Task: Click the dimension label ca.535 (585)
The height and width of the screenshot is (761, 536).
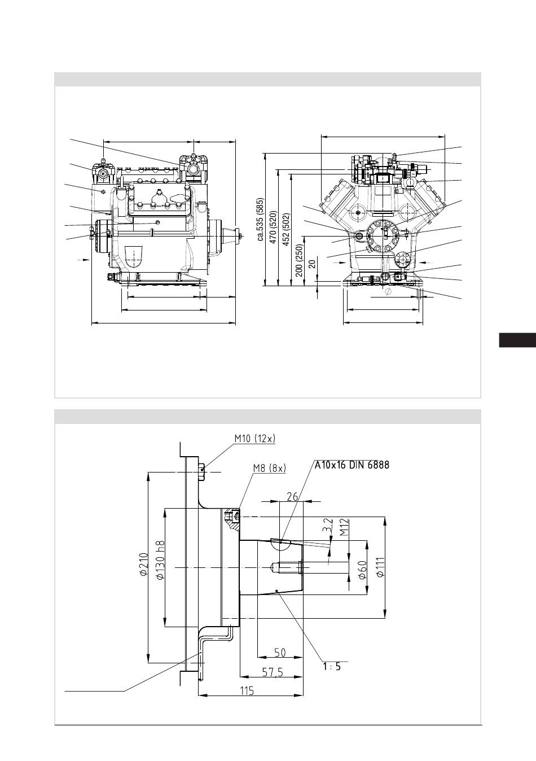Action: [261, 219]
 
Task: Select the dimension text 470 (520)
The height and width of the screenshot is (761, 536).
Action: [273, 228]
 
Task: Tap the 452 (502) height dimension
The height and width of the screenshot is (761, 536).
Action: [286, 229]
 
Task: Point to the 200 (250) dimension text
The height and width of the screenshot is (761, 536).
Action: [299, 260]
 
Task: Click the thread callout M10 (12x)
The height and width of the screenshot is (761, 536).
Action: [255, 439]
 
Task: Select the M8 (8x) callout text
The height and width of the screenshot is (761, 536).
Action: [270, 468]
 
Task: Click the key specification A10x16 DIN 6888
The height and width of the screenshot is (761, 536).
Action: [352, 465]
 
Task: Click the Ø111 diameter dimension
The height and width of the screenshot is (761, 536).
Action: [380, 567]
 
